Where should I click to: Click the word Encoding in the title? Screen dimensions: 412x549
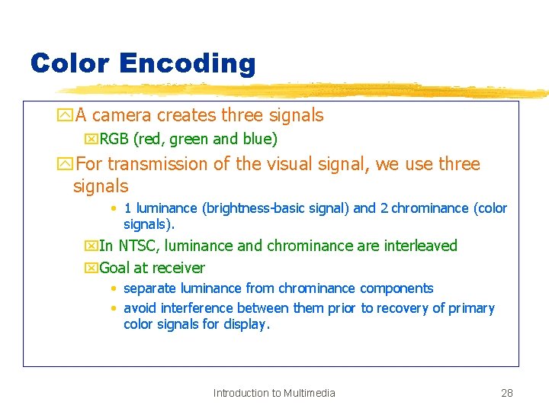coord(187,64)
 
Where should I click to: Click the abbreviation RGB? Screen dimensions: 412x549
coord(114,140)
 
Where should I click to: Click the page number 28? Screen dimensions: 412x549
coord(506,393)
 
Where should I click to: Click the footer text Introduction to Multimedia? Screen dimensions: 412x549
coord(274,393)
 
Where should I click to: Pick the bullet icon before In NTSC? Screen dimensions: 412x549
coord(91,246)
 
